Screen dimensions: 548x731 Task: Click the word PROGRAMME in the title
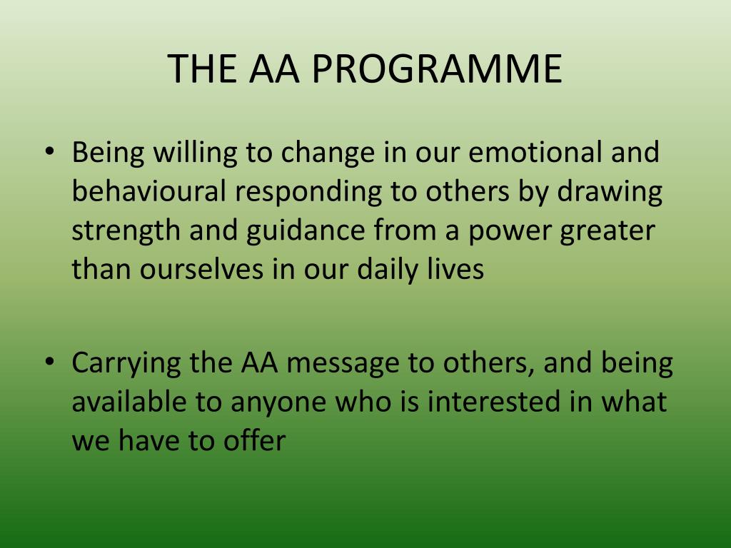438,69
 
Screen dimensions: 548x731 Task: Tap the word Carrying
126,364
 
